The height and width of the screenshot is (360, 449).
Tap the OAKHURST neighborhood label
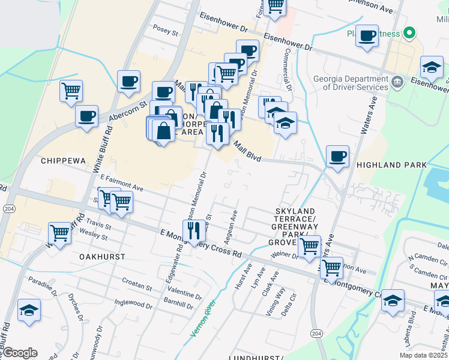tap(102, 256)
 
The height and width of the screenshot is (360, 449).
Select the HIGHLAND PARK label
tap(391, 164)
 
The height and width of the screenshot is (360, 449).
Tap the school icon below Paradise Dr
tap(29, 310)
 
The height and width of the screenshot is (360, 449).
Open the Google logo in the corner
tap(19, 353)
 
